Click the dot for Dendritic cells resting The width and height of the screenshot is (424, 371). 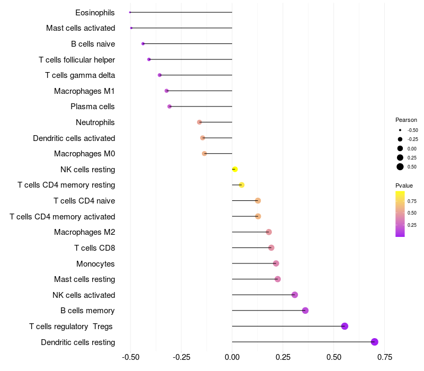pyautogui.click(x=375, y=342)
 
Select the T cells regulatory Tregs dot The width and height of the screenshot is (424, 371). pyautogui.click(x=344, y=326)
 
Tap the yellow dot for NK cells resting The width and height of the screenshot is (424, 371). pyautogui.click(x=235, y=169)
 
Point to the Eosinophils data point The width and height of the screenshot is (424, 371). pyautogui.click(x=130, y=12)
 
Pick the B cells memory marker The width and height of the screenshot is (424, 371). pyautogui.click(x=305, y=311)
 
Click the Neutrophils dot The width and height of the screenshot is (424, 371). pyautogui.click(x=199, y=122)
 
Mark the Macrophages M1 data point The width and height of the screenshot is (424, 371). pyautogui.click(x=166, y=91)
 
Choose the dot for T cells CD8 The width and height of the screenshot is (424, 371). pyautogui.click(x=271, y=248)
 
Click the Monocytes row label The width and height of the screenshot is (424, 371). pyautogui.click(x=95, y=263)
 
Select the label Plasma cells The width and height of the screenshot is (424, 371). pyautogui.click(x=93, y=107)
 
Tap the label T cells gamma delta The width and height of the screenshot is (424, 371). pyautogui.click(x=80, y=75)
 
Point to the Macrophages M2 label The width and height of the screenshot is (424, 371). pyautogui.click(x=84, y=232)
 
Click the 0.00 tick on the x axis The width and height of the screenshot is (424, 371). pyautogui.click(x=232, y=357)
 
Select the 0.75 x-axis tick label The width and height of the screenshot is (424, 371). pyautogui.click(x=385, y=357)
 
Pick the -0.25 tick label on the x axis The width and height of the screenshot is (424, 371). pyautogui.click(x=181, y=357)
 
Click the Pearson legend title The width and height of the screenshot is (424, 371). pyautogui.click(x=406, y=120)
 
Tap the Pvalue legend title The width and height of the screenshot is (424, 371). pyautogui.click(x=404, y=185)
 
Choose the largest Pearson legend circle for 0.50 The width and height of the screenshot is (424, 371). pyautogui.click(x=400, y=167)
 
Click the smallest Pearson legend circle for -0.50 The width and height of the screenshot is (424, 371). pyautogui.click(x=400, y=130)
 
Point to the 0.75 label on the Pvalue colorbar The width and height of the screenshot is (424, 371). pyautogui.click(x=412, y=201)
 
